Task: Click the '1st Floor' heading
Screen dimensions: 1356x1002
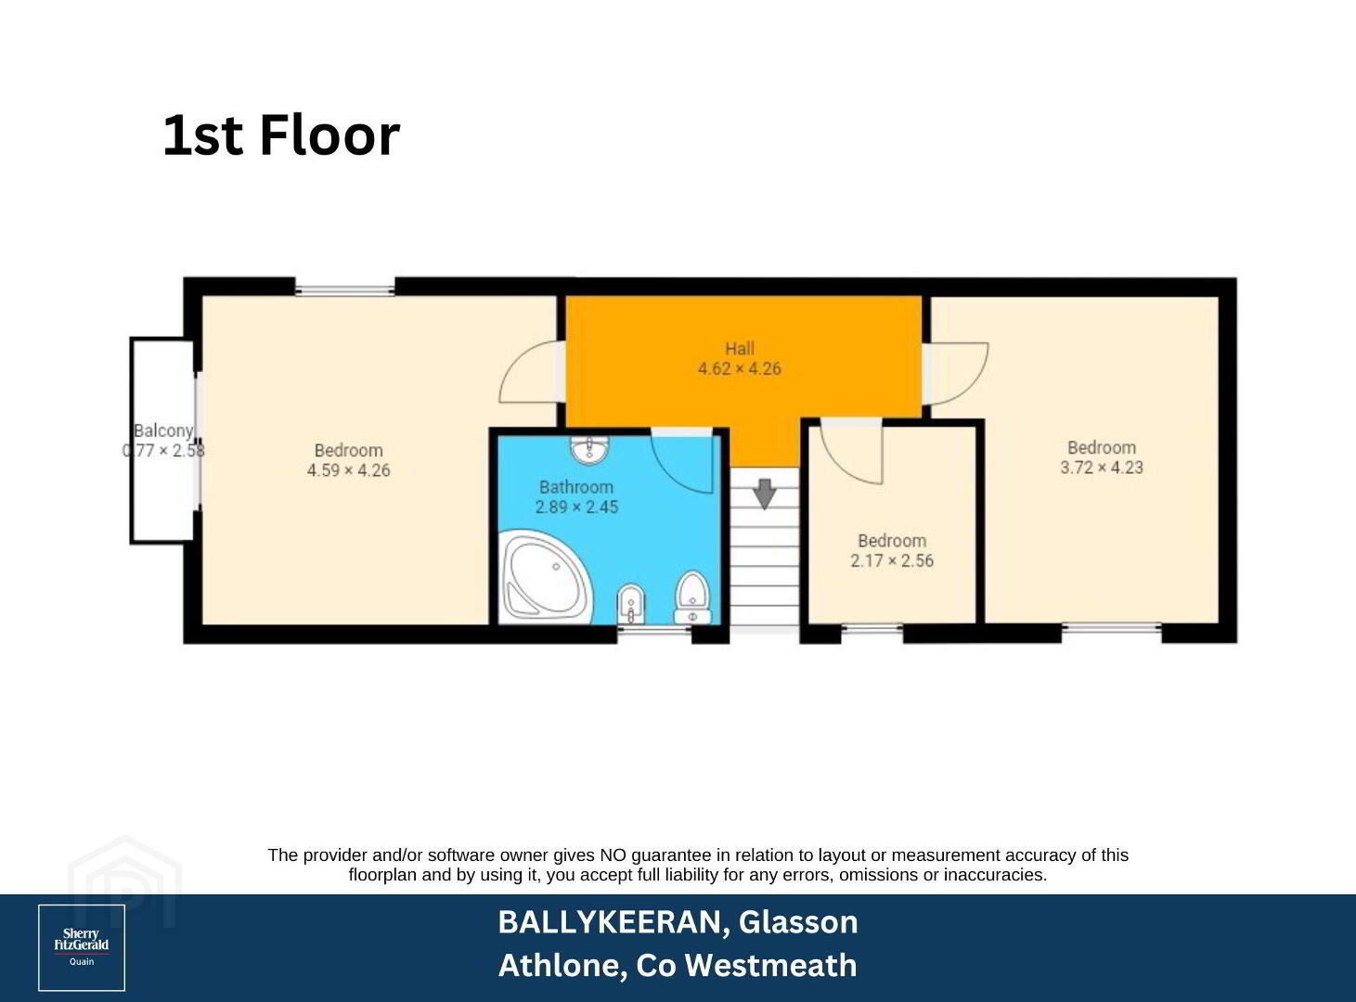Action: [281, 135]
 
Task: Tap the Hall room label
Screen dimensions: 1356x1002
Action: [739, 349]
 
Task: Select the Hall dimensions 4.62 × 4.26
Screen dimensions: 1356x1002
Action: [739, 368]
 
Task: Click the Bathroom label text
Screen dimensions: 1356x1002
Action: [575, 487]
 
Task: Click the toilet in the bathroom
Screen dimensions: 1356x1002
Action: [692, 597]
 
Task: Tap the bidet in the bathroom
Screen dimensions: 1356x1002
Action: [631, 606]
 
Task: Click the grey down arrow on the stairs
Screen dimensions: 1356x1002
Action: [764, 494]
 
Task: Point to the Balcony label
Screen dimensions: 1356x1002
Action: [163, 430]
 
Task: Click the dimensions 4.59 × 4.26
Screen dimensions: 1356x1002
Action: [348, 470]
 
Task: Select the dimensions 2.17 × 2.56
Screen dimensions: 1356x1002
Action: [892, 560]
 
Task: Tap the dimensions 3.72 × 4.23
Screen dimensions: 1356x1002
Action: [1101, 467]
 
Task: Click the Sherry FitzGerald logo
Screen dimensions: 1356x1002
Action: [82, 947]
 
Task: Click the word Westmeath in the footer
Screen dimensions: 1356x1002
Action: [770, 965]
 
